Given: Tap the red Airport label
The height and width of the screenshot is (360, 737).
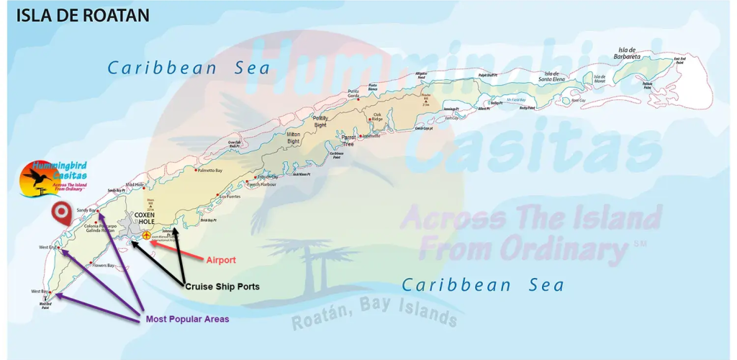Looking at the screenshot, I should [221, 260].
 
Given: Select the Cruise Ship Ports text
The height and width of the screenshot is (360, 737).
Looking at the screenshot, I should [222, 287].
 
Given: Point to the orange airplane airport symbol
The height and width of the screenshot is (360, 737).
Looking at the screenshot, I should [147, 235].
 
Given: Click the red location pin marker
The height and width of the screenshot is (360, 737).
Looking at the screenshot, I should [62, 212].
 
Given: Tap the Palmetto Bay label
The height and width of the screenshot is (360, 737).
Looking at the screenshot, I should [212, 171].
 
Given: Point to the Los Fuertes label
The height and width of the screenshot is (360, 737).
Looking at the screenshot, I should [229, 196].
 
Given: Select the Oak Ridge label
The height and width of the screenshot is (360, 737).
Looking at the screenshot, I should [377, 117].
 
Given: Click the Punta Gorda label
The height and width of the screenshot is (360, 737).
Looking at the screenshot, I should [354, 93].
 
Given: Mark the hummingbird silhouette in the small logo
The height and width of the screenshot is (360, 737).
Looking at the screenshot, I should [37, 178].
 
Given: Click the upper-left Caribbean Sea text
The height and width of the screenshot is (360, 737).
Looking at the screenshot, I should [189, 68].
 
